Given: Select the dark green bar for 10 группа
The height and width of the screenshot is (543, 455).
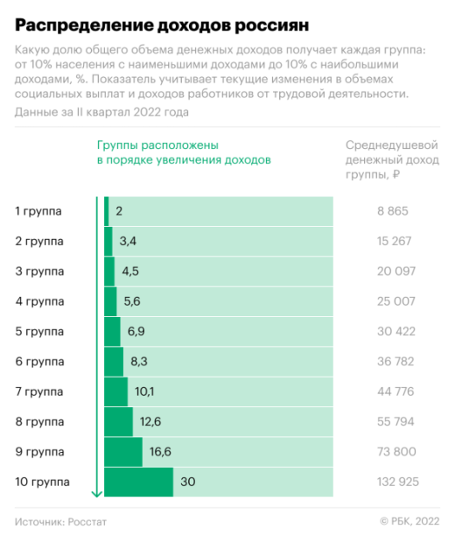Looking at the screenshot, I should [x=138, y=483].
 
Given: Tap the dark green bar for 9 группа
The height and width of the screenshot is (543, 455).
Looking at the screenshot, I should [x=123, y=452].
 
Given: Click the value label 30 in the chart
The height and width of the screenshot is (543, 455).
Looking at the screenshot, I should [x=188, y=483].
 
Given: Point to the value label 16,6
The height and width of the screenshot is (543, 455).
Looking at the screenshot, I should [x=160, y=452].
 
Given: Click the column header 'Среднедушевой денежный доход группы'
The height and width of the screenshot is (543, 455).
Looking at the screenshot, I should [x=391, y=160].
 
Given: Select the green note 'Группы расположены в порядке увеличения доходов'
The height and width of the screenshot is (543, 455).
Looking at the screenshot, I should [x=183, y=152].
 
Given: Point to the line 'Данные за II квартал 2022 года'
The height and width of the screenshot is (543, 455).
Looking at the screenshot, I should [x=101, y=112].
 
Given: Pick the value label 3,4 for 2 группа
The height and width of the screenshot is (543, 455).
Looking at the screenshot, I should [x=128, y=241].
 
